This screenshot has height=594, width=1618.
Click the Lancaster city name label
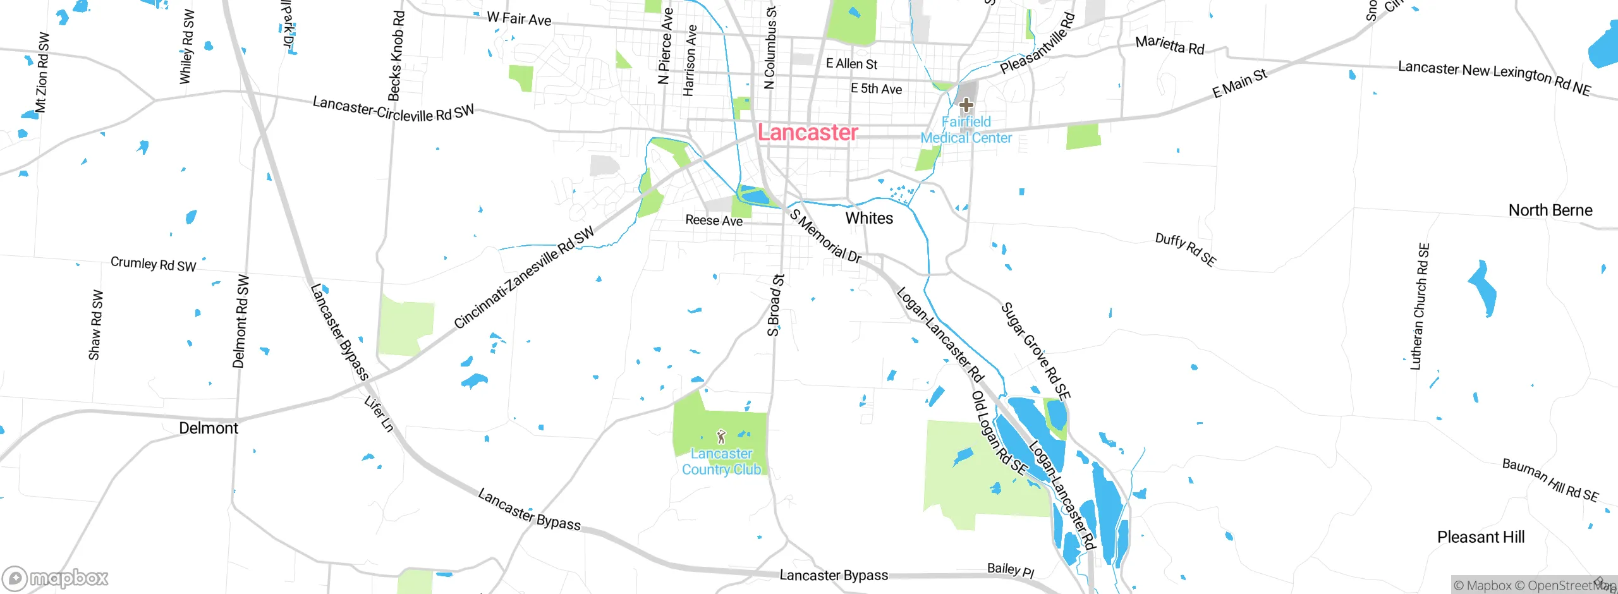808,132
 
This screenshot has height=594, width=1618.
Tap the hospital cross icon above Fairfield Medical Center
966,104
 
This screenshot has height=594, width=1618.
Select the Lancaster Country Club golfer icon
721,436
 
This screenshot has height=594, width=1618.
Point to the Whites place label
869,218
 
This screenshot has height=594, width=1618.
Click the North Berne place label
1550,210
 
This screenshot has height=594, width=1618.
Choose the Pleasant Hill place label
1480,537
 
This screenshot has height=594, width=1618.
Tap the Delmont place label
209,428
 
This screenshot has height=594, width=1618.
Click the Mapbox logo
56,578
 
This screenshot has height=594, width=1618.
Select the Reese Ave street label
714,220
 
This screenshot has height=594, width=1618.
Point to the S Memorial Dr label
825,236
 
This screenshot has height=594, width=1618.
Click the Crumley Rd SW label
153,264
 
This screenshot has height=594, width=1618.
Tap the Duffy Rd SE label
1185,249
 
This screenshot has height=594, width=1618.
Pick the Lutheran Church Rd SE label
1420,306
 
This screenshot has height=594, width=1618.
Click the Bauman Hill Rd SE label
1550,480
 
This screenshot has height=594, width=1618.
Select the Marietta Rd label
1169,45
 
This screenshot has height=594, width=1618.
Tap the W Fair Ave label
519,19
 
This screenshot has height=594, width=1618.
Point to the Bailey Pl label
1010,570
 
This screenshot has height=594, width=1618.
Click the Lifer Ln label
379,414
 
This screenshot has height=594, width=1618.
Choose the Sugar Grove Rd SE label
1035,351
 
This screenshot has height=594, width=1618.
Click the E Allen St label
851,64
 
